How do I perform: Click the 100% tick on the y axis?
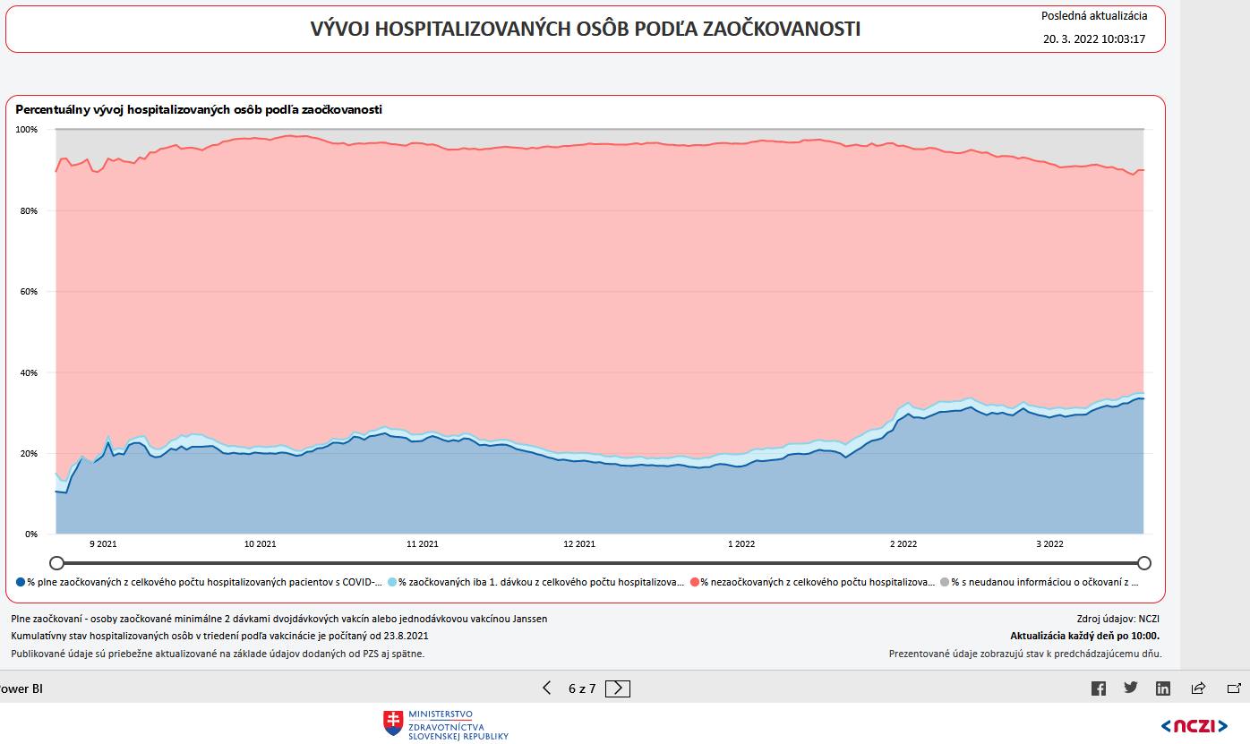point(27,130)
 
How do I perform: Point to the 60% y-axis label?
point(27,292)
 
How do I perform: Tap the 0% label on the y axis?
point(30,534)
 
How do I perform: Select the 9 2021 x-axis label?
point(103,543)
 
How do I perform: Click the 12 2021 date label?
point(579,543)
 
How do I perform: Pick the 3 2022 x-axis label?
point(1049,543)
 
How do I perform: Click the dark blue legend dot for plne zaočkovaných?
point(21,582)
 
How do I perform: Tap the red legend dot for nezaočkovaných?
point(694,582)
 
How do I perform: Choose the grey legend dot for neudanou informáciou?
point(945,582)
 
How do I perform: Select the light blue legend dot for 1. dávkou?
point(392,582)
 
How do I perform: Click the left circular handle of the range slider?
point(56,562)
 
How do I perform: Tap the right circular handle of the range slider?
point(1143,562)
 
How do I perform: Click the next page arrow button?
point(618,688)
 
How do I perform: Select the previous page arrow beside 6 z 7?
point(547,688)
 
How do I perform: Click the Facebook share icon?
point(1099,688)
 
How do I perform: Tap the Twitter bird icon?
point(1131,688)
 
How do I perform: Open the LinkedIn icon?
point(1163,688)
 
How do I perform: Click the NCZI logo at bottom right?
point(1194,725)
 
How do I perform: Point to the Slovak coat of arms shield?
point(393,723)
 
